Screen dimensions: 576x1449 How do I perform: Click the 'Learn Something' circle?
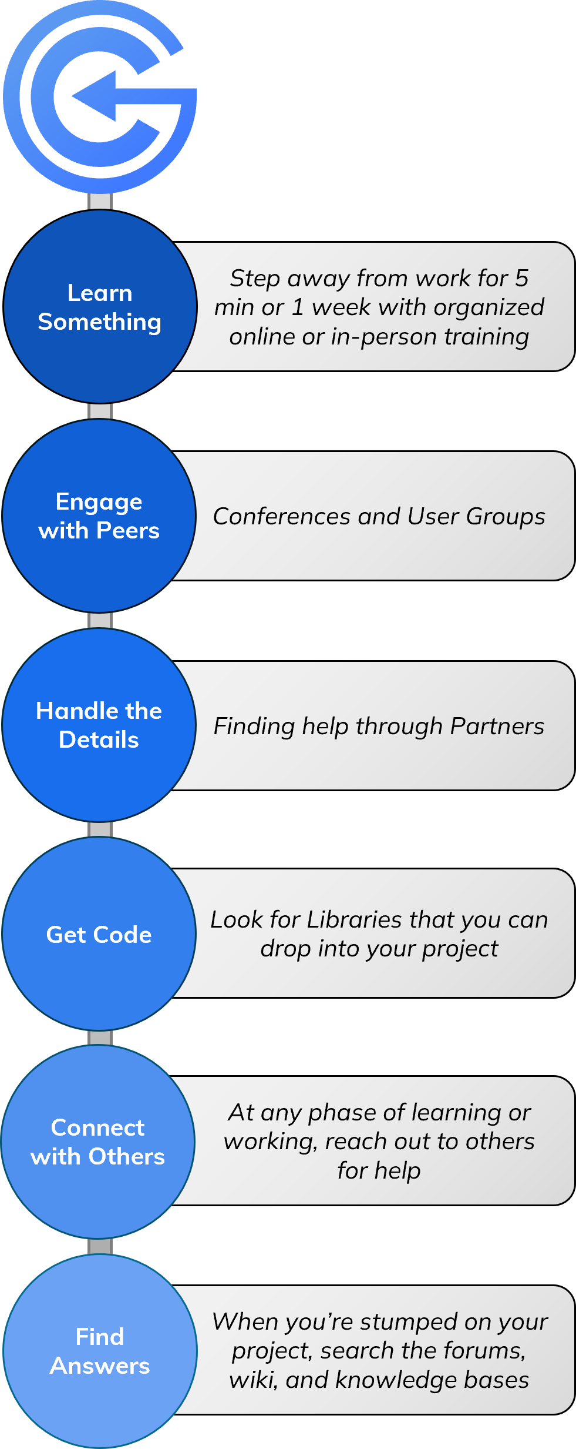pyautogui.click(x=100, y=306)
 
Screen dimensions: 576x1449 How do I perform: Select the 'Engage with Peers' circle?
pyautogui.click(x=99, y=516)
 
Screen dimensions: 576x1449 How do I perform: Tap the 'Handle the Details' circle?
pyautogui.click(x=99, y=725)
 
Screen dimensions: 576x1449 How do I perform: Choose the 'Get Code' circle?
pyautogui.click(x=99, y=934)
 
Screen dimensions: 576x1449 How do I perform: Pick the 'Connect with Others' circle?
pyautogui.click(x=98, y=1142)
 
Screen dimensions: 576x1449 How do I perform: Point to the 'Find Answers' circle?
pyautogui.click(x=100, y=1351)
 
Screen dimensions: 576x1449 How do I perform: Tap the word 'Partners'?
pyautogui.click(x=497, y=726)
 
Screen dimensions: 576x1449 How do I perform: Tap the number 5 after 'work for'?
pyautogui.click(x=521, y=279)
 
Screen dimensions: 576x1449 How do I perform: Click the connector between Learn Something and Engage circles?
pyautogui.click(x=100, y=411)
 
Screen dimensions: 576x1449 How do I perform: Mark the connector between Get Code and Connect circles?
pyautogui.click(x=100, y=1038)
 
